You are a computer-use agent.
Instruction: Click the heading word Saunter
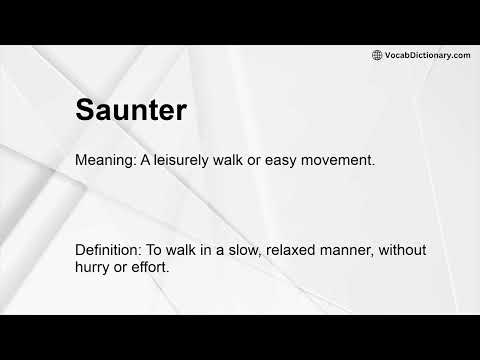point(130,111)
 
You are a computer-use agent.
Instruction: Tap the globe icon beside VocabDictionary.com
point(377,55)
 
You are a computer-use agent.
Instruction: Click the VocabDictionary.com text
point(427,55)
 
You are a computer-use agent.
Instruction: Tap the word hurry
point(95,269)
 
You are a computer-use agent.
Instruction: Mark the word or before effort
point(124,269)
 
